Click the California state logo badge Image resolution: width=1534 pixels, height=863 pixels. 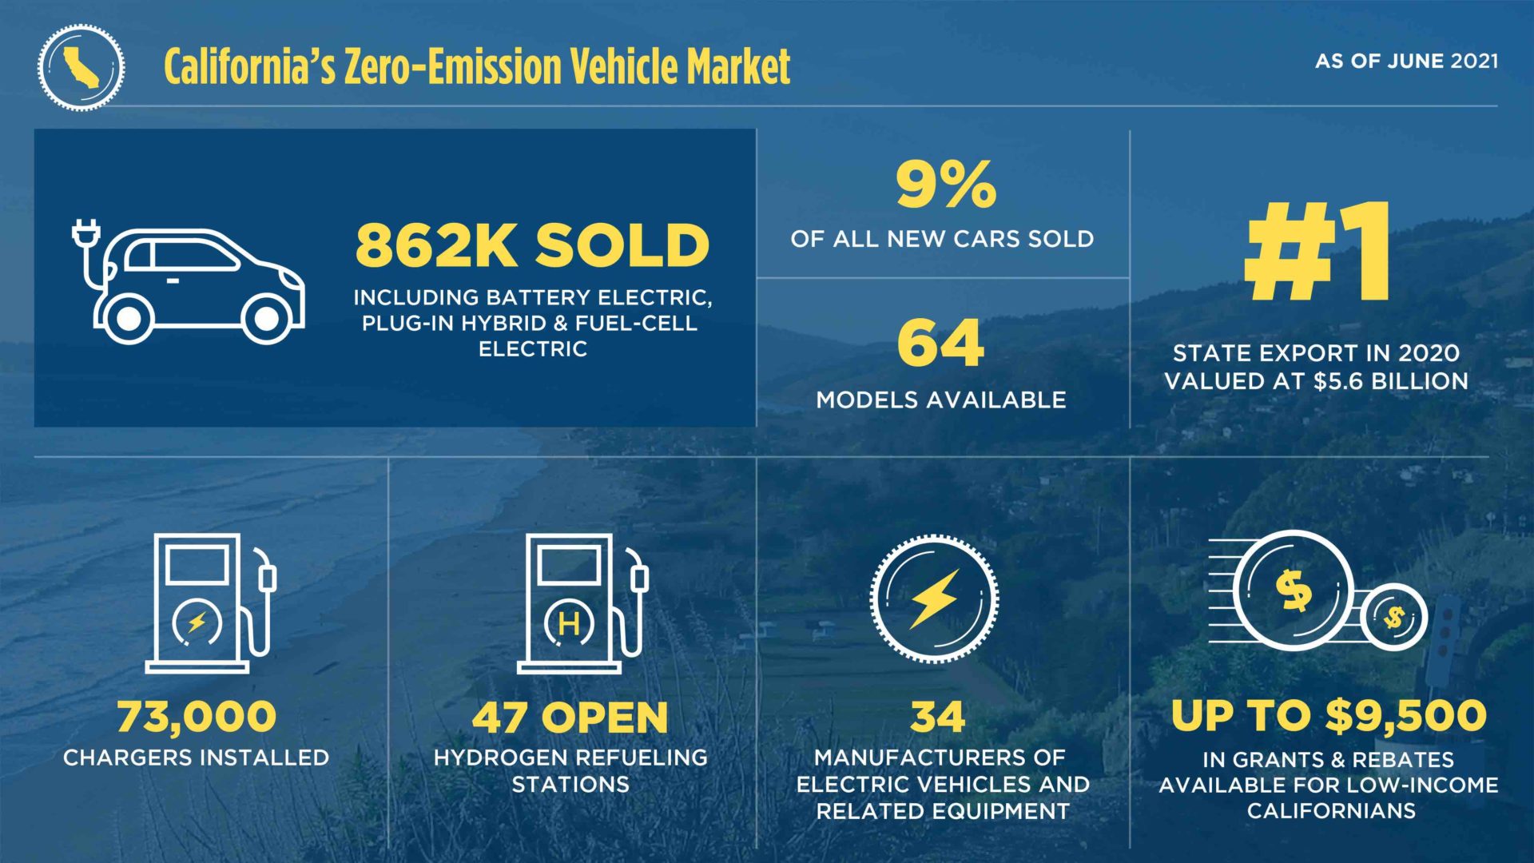(x=81, y=67)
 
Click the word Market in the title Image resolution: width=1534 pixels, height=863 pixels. (x=738, y=67)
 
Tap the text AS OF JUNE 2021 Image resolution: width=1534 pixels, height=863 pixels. (x=1406, y=62)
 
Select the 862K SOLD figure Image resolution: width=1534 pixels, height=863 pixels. (x=532, y=245)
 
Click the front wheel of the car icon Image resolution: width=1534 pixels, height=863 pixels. (x=267, y=319)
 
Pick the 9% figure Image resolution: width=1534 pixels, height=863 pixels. (x=945, y=185)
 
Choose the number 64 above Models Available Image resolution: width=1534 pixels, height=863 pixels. (x=940, y=344)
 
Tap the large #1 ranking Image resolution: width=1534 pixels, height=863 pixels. (x=1317, y=252)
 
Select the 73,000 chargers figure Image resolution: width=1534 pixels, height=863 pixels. (x=197, y=716)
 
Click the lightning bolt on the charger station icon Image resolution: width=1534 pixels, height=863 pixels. (x=197, y=622)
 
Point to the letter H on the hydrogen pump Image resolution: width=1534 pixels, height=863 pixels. (x=569, y=623)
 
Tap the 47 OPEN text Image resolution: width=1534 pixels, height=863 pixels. (x=570, y=717)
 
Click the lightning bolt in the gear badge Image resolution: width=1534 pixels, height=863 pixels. (x=934, y=599)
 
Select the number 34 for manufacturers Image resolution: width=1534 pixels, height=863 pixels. (x=938, y=717)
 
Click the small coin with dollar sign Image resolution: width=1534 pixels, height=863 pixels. (x=1395, y=617)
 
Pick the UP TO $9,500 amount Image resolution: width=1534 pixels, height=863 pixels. (x=1329, y=715)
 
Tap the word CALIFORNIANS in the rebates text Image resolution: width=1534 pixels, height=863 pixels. (x=1331, y=811)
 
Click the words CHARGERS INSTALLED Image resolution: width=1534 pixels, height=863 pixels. (x=197, y=758)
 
